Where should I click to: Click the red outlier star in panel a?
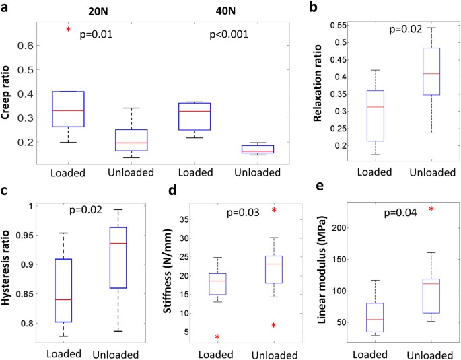[68, 30]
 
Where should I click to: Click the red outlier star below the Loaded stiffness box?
[218, 337]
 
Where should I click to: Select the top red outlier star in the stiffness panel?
[275, 210]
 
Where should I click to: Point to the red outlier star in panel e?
[431, 209]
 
